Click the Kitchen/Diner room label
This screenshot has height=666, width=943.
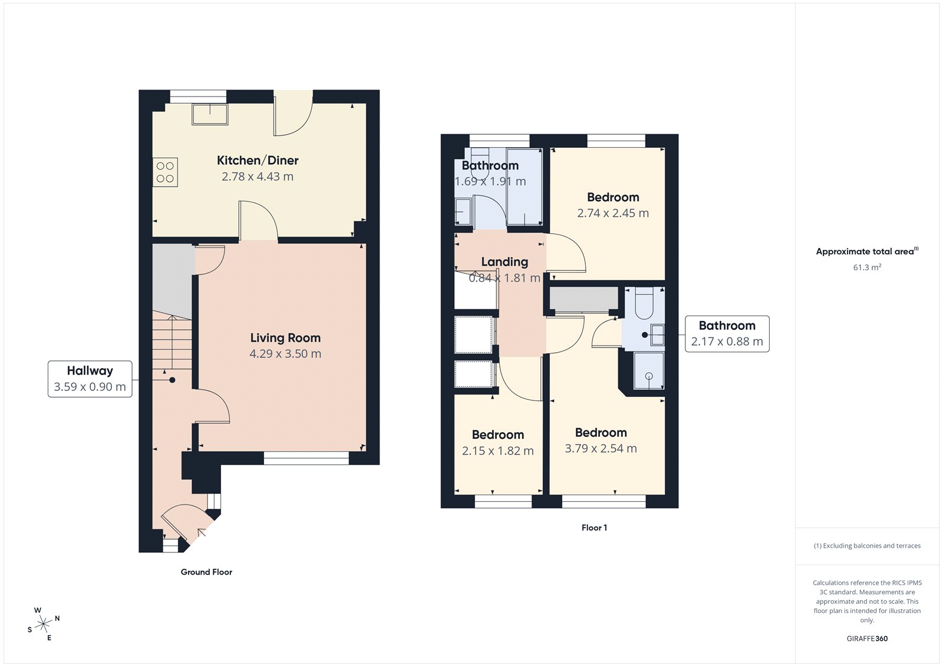258,160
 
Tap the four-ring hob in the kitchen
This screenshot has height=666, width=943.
165,172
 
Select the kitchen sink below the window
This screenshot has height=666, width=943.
210,114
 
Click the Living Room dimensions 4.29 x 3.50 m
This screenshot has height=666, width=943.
285,354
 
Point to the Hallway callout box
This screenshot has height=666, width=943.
90,379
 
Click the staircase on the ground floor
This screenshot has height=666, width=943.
172,342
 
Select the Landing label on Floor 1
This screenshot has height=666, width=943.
505,261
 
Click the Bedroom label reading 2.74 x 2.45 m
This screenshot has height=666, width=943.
613,197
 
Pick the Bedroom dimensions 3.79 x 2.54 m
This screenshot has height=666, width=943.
601,449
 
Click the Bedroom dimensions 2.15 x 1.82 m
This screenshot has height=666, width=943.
497,451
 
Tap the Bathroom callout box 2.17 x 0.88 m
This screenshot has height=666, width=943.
727,333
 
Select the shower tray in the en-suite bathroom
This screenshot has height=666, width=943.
648,371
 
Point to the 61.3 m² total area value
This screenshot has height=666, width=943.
867,267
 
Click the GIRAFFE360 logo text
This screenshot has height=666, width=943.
867,638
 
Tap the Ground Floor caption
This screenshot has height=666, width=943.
206,572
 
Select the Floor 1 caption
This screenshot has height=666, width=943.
594,528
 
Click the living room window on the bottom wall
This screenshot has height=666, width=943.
306,458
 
